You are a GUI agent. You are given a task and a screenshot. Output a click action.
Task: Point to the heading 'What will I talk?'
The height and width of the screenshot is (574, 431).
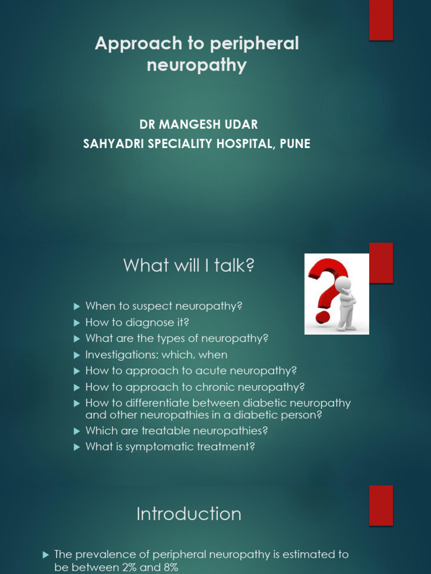[x=189, y=265]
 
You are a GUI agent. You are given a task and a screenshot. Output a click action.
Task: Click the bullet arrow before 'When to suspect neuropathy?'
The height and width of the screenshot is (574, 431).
[x=77, y=306]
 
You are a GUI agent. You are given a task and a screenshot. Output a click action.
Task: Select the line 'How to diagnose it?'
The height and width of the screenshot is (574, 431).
[x=137, y=322]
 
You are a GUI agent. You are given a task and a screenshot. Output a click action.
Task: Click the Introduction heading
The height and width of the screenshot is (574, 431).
[x=189, y=514]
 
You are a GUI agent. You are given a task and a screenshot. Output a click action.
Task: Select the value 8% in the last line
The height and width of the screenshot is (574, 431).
[x=168, y=567]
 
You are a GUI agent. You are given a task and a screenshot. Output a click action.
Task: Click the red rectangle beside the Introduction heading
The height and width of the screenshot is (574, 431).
[x=381, y=505]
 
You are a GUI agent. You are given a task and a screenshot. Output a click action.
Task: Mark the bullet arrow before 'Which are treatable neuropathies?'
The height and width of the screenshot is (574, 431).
[x=77, y=430]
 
